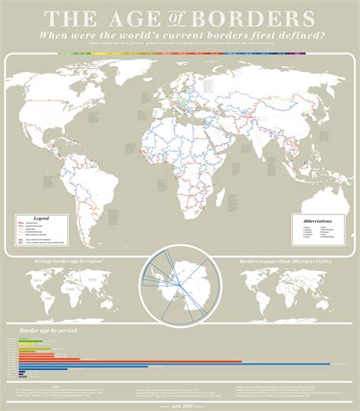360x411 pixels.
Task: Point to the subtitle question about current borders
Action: pyautogui.click(x=180, y=35)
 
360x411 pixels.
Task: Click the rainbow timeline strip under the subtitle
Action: pyautogui.click(x=180, y=53)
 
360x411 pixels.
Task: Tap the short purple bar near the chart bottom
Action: pyautogui.click(x=24, y=375)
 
